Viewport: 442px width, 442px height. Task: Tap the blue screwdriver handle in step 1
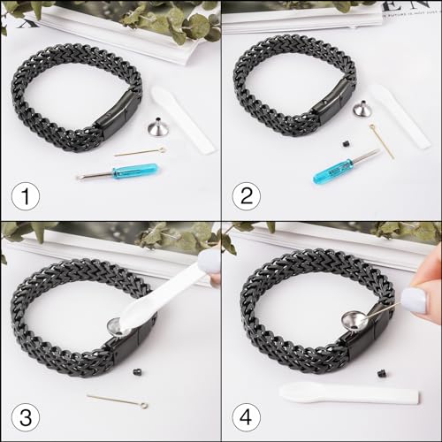[134, 171]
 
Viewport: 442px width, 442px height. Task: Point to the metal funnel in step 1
[157, 127]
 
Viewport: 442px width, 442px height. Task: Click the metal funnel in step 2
[362, 111]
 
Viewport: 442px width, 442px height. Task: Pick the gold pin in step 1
[140, 152]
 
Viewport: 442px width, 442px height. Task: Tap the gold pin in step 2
[382, 140]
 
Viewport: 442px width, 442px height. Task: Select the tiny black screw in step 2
[347, 141]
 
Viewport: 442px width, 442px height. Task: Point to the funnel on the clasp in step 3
[115, 326]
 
